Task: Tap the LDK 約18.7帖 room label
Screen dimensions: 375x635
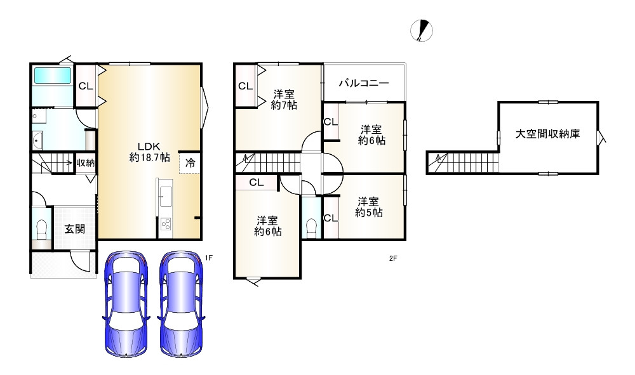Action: click(x=149, y=150)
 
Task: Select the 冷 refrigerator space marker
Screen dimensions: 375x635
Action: click(x=190, y=162)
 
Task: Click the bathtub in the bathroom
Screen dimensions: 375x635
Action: click(x=53, y=76)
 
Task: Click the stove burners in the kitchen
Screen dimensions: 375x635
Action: click(x=166, y=224)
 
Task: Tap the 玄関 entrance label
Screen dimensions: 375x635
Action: click(x=74, y=229)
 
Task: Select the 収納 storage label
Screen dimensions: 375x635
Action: click(x=86, y=163)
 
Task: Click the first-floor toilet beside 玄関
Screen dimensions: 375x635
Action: click(x=42, y=229)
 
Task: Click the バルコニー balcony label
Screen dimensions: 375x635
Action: click(x=363, y=82)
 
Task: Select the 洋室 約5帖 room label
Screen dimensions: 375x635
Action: click(x=368, y=207)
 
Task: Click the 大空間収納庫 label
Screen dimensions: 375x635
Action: click(x=547, y=135)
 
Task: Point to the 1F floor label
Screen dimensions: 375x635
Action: click(x=208, y=258)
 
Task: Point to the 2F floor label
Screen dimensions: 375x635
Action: click(x=393, y=258)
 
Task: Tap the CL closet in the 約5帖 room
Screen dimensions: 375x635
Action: click(x=330, y=218)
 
